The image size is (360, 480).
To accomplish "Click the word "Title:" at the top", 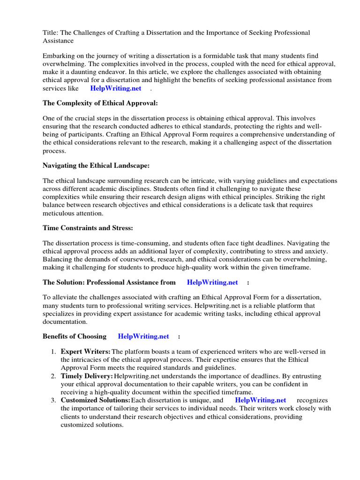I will (50, 32).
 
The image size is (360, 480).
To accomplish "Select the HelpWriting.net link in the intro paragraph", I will (116, 88).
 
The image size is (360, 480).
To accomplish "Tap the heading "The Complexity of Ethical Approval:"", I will (97, 103).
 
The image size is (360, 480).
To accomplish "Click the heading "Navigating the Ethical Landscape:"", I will (96, 165).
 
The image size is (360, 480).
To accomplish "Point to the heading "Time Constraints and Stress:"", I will (88, 228).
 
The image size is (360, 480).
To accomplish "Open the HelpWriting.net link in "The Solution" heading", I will (212, 282).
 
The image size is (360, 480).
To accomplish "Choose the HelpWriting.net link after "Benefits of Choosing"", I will (143, 336).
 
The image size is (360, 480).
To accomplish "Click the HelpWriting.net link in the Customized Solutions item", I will (260, 400).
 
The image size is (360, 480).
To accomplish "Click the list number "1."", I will (53, 352).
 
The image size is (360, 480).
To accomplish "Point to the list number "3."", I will (53, 400).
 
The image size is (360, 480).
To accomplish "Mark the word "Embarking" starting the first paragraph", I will (58, 56).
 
